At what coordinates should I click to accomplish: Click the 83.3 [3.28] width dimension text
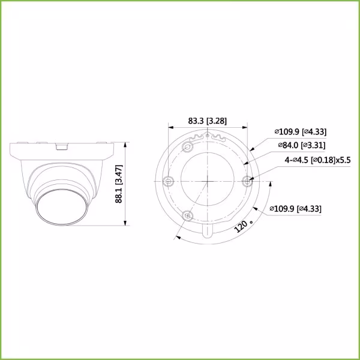coord(207,121)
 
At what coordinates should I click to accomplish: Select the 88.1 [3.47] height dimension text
coord(119,185)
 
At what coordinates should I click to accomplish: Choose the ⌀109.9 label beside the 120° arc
coord(296,209)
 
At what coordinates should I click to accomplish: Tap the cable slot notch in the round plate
coord(207,231)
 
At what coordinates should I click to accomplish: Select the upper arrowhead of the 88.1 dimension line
coord(125,145)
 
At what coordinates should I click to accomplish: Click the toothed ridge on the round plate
coord(207,139)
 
